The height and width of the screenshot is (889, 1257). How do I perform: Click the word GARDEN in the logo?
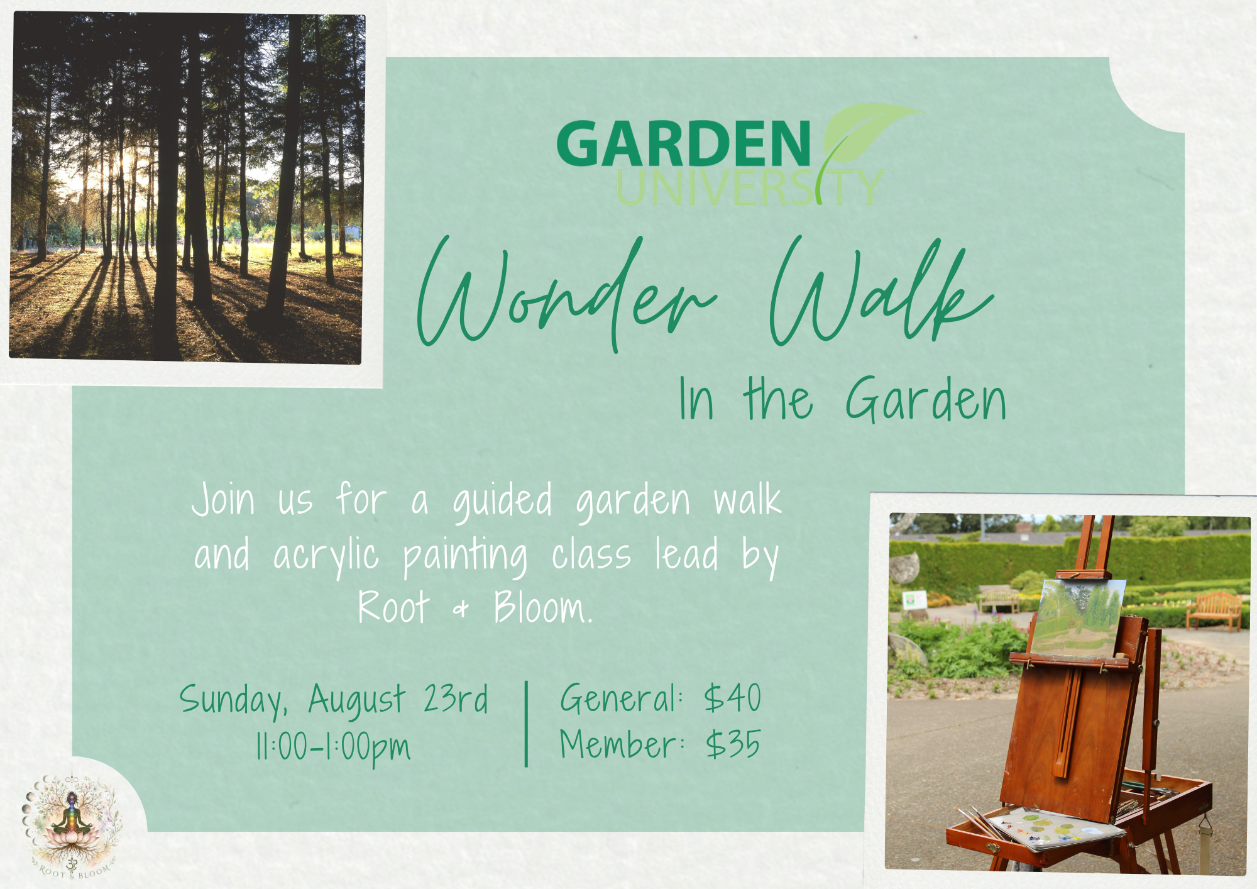(684, 144)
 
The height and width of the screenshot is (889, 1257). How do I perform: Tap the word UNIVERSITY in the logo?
(750, 187)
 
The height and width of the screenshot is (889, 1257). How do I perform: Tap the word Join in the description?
(224, 500)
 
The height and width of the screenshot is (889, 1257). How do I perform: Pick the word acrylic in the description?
(326, 556)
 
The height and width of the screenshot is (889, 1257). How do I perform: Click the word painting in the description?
(465, 556)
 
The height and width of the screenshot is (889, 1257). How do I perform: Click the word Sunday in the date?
(233, 700)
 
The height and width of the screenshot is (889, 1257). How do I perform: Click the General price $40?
(733, 697)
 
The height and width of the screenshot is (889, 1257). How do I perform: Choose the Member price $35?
(733, 744)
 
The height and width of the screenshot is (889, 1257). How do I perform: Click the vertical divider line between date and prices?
(526, 724)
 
